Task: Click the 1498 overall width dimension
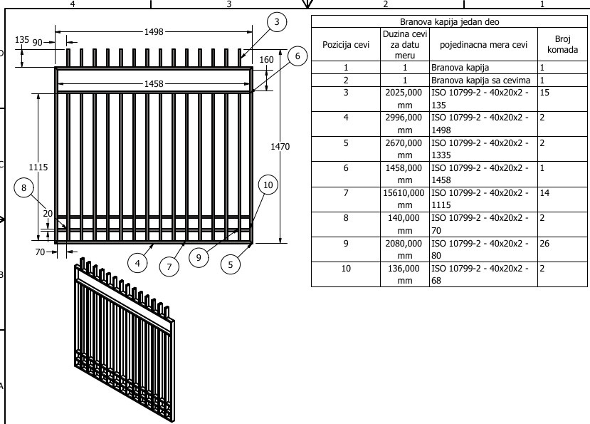point(154,32)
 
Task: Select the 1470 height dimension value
point(280,146)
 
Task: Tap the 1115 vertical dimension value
point(38,167)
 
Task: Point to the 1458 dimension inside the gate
point(154,83)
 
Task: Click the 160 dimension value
point(266,60)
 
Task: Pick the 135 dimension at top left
point(22,40)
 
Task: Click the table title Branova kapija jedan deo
point(450,22)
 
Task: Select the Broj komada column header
point(562,44)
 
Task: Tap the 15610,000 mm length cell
point(404,199)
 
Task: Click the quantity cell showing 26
point(544,244)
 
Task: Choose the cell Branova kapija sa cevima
point(481,81)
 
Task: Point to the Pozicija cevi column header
point(346,44)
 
